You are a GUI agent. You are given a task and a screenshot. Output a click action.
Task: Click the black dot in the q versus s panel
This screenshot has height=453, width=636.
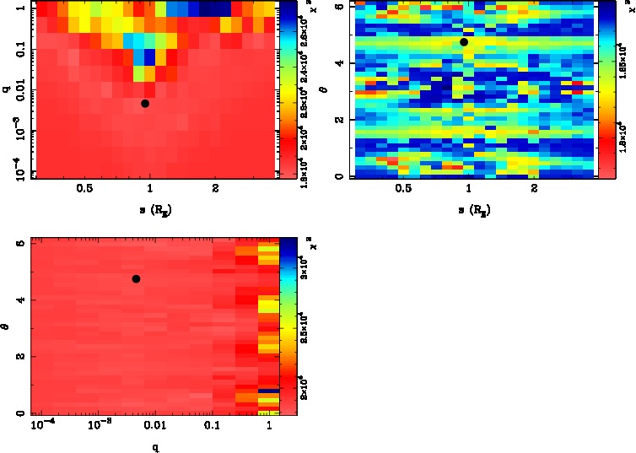[145, 103]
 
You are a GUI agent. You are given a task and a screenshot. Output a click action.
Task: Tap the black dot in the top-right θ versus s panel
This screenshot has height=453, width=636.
[464, 41]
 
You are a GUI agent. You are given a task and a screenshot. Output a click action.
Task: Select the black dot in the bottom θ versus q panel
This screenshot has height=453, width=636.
[136, 278]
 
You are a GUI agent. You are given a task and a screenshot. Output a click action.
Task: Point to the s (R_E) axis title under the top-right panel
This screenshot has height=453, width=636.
[469, 208]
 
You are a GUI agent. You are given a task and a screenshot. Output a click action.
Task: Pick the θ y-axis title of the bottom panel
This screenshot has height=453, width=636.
[7, 324]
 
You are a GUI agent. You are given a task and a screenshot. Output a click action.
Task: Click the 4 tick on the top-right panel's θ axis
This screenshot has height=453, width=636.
[337, 63]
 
